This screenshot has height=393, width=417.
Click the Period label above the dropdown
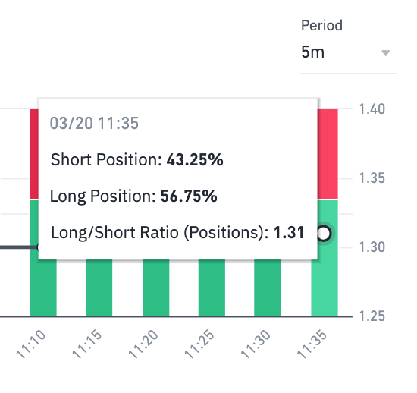321,26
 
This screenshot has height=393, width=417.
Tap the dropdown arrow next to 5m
385,53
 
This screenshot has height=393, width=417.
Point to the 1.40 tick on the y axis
373,109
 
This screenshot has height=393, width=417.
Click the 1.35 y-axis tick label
373,178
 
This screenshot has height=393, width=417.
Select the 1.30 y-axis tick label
373,247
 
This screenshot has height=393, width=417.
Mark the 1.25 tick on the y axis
373,316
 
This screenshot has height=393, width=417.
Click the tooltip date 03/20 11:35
94,124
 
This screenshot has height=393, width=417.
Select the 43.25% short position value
194,160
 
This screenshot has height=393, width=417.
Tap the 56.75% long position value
190,196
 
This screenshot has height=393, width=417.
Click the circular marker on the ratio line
324,234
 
